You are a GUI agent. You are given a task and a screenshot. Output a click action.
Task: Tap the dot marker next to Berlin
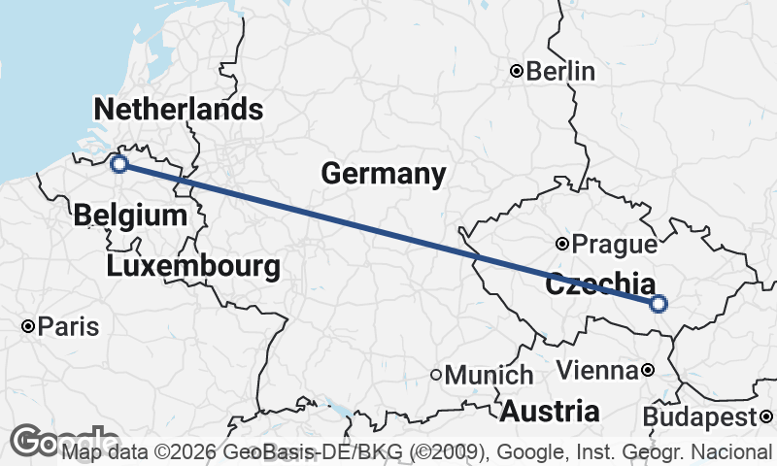pos(518,71)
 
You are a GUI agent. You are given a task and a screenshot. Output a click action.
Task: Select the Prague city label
pos(609,243)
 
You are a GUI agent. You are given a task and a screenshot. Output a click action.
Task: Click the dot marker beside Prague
pos(562,243)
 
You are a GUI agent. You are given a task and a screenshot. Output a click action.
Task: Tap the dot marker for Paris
pos(30,326)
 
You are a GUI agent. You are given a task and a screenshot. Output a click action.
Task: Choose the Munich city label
pos(490,375)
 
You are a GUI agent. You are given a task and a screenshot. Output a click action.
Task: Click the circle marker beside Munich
pos(437,375)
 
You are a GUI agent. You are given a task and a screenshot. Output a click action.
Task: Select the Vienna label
pos(599,370)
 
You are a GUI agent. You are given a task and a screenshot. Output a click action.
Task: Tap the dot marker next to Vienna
pos(648,370)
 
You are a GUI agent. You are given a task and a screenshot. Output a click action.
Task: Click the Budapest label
pos(700,417)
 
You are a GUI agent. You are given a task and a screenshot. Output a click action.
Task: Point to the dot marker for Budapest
pos(766,417)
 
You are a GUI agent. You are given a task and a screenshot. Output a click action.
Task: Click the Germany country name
pos(384,175)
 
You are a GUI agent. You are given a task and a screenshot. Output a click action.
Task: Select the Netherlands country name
pos(178,109)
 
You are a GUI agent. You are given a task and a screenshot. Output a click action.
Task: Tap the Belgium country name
pos(129,215)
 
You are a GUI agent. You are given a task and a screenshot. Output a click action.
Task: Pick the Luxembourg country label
pos(194,265)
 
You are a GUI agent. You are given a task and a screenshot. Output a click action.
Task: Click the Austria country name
pos(550,411)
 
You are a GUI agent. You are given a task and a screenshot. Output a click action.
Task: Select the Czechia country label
pos(599,285)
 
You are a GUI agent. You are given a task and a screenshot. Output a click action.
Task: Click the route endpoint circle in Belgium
pos(119,164)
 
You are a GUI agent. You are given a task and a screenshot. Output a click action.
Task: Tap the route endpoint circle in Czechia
pos(659,304)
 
